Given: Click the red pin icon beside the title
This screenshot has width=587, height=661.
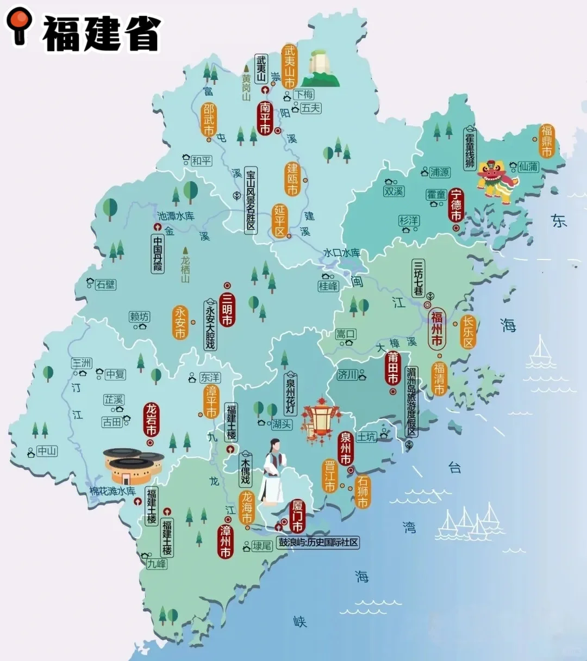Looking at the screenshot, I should coord(19,24).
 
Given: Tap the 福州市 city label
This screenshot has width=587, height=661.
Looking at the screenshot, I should coord(436,328).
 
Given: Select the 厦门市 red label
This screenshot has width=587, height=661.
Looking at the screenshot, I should coord(297,516).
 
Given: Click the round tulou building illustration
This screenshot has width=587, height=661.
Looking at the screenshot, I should coord(133,465).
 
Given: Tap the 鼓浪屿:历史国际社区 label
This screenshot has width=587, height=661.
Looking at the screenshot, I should coord(319,542).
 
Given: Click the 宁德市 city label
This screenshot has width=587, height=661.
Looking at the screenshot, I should coord(456,205).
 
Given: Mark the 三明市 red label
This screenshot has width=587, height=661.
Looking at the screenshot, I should coord(227,308).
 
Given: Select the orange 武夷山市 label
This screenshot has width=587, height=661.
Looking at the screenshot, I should coord(289,66).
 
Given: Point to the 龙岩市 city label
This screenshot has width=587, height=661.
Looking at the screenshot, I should coord(151,419).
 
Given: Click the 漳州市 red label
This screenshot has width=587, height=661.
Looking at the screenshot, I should coord(225,541).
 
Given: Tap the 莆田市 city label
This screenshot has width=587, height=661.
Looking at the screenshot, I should coord(392,368).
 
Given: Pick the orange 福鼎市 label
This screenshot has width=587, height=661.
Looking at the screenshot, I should coord(546,141).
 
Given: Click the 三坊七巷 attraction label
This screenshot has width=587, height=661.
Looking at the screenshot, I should coord(418,278).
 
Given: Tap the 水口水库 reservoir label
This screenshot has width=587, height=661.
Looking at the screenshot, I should coord(341,253).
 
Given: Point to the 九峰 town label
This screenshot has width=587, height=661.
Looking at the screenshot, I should coord(157,564).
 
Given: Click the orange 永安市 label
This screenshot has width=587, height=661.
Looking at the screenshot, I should coord(180,323).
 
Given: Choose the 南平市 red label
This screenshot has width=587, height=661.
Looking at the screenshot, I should coord(265,117).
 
